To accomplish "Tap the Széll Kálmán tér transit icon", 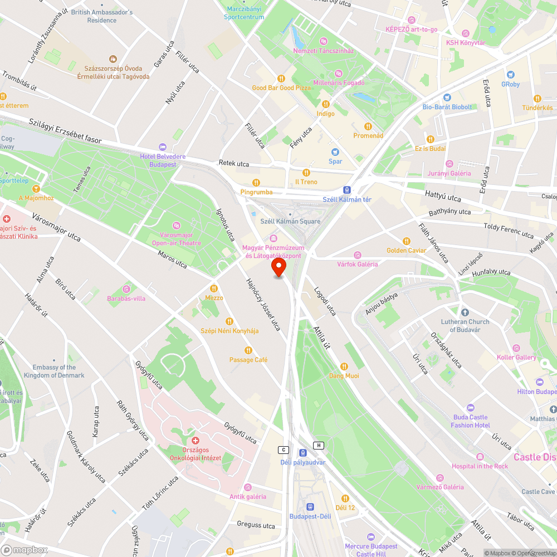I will pyautogui.click(x=347, y=190).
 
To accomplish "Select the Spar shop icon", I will pyautogui.click(x=335, y=152).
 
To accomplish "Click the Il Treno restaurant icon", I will pyautogui.click(x=306, y=173).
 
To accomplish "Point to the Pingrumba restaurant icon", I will pyautogui.click(x=256, y=182).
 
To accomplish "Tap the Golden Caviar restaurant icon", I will pyautogui.click(x=407, y=241).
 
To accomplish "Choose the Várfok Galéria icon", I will pyautogui.click(x=357, y=255).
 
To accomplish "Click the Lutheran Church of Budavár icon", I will pyautogui.click(x=465, y=312).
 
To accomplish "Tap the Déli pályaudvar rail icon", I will pyautogui.click(x=303, y=453).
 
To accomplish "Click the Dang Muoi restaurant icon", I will pyautogui.click(x=344, y=366).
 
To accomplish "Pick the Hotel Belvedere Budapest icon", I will pyautogui.click(x=163, y=147).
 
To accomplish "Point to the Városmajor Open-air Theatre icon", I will pyautogui.click(x=177, y=225).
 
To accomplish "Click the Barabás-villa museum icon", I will pyautogui.click(x=126, y=289).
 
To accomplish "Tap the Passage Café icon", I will pyautogui.click(x=248, y=350).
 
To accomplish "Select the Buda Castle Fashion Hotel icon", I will pyautogui.click(x=471, y=408).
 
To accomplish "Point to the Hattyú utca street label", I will pyautogui.click(x=443, y=197).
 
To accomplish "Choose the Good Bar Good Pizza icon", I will pyautogui.click(x=281, y=79).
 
